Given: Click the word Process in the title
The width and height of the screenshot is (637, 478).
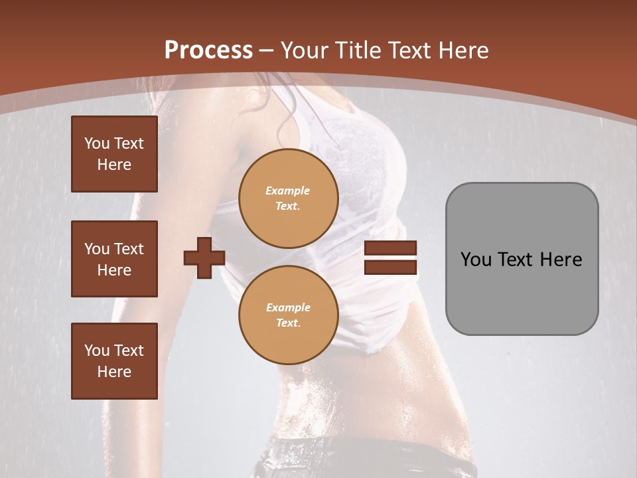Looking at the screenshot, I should pos(208,50).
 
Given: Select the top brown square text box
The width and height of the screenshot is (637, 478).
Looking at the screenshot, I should pos(114,154).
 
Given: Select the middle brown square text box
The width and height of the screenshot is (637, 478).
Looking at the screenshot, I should pos(114,259).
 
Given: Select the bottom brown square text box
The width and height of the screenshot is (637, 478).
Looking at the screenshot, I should pos(114,361).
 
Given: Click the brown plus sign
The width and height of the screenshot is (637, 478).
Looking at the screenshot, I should pos(204,258).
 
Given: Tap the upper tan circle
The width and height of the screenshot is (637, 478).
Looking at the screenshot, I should pos(289,199).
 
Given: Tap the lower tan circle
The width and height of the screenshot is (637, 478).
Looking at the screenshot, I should pos(289,315).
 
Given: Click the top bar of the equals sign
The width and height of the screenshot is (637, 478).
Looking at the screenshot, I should pos(390,248).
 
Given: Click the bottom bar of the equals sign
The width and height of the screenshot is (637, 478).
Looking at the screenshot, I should pos(390,267).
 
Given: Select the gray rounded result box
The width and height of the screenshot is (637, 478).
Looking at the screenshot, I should pos(522,259).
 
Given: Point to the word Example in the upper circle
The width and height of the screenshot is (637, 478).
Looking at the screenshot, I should pos(288,191).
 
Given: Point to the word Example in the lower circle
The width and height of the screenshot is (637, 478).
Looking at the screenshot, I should pos(288,307).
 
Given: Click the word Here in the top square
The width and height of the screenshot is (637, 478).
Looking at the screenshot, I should pos(114,165).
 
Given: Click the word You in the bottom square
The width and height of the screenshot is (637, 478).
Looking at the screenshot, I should pos(97,351).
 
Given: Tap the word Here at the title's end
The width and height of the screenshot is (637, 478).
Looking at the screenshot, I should pos(462,50).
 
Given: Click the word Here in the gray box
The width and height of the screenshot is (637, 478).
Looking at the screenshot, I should pos(561,260).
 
